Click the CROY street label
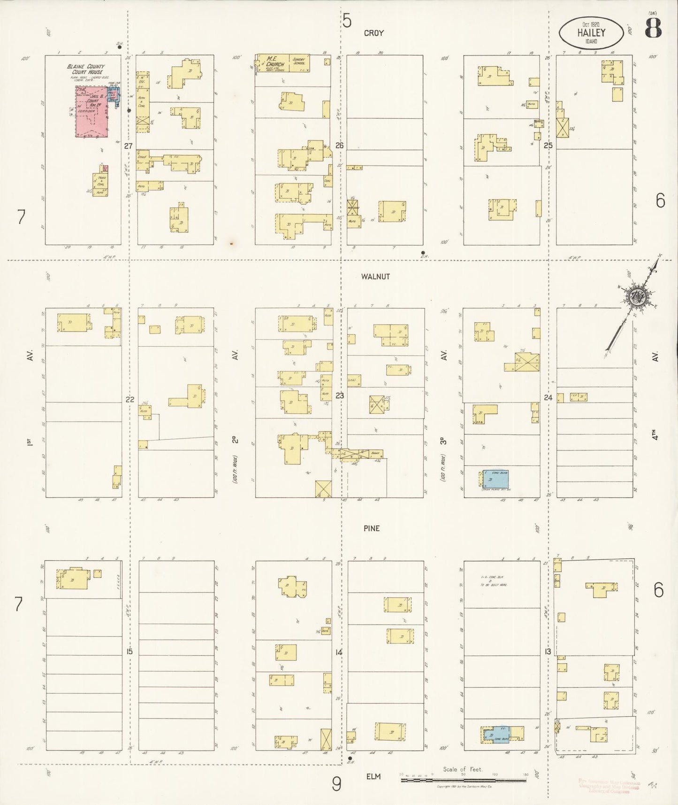coord(373,33)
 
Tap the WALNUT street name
coord(375,277)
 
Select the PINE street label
coord(371,528)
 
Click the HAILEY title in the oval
coord(591,33)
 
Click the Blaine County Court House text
coord(86,70)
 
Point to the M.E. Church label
coord(275,61)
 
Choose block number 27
coord(128,146)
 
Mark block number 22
coord(130,400)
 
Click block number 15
coord(129,651)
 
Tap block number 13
coord(548,651)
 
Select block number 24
coord(548,397)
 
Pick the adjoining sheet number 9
coord(336,783)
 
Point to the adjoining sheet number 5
coord(346,21)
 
